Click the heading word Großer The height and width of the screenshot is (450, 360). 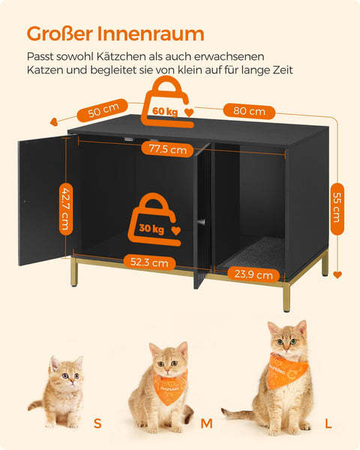(x=67, y=34)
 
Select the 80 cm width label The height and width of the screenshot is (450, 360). (x=249, y=112)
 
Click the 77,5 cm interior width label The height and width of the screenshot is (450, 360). (x=167, y=149)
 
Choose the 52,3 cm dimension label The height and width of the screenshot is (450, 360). (x=149, y=263)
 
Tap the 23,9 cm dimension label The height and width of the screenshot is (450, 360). (x=254, y=274)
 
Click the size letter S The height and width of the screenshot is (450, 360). (x=97, y=424)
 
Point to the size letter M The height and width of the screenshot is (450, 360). (x=206, y=424)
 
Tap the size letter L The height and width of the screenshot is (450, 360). (x=328, y=424)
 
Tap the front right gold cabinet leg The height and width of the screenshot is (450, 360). (x=286, y=292)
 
